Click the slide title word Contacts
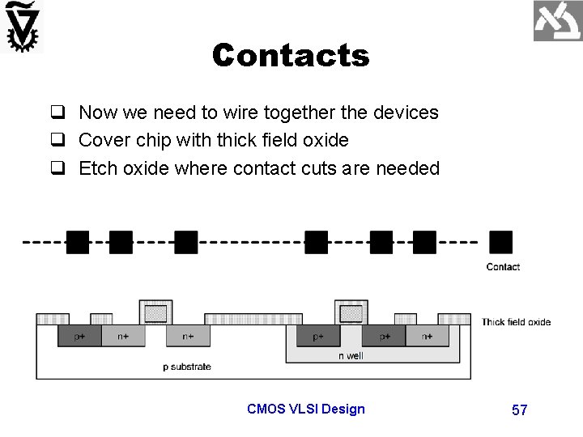(x=290, y=56)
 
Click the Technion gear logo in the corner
(x=23, y=28)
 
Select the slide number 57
(x=519, y=409)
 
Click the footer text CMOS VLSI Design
(x=305, y=409)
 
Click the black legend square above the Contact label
(x=500, y=242)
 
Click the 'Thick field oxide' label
(x=516, y=322)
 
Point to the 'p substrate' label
(x=186, y=367)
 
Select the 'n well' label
(x=351, y=355)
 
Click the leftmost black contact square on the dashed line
(x=77, y=242)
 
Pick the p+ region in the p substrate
(x=79, y=336)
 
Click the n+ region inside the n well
(x=425, y=336)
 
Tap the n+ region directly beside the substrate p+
(x=121, y=336)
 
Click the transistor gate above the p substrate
(x=156, y=312)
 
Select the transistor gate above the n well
(x=351, y=312)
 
